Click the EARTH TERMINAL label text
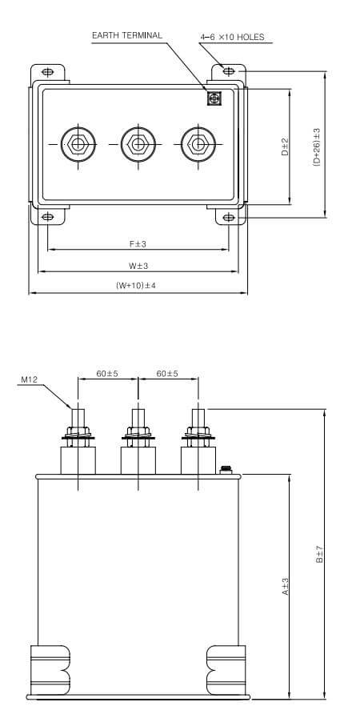[x=127, y=35]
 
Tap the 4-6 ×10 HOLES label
[x=231, y=37]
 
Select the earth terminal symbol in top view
[x=214, y=98]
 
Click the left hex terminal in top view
[x=78, y=145]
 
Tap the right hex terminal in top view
[x=197, y=145]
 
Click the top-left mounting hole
[x=48, y=71]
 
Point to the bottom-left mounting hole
[x=48, y=217]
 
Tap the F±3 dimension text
[x=138, y=243]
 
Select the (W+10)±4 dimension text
[x=136, y=286]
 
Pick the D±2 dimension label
[x=285, y=146]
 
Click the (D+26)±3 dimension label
[x=318, y=146]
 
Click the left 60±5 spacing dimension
[x=107, y=374]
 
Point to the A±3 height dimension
[x=285, y=587]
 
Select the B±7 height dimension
[x=318, y=554]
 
